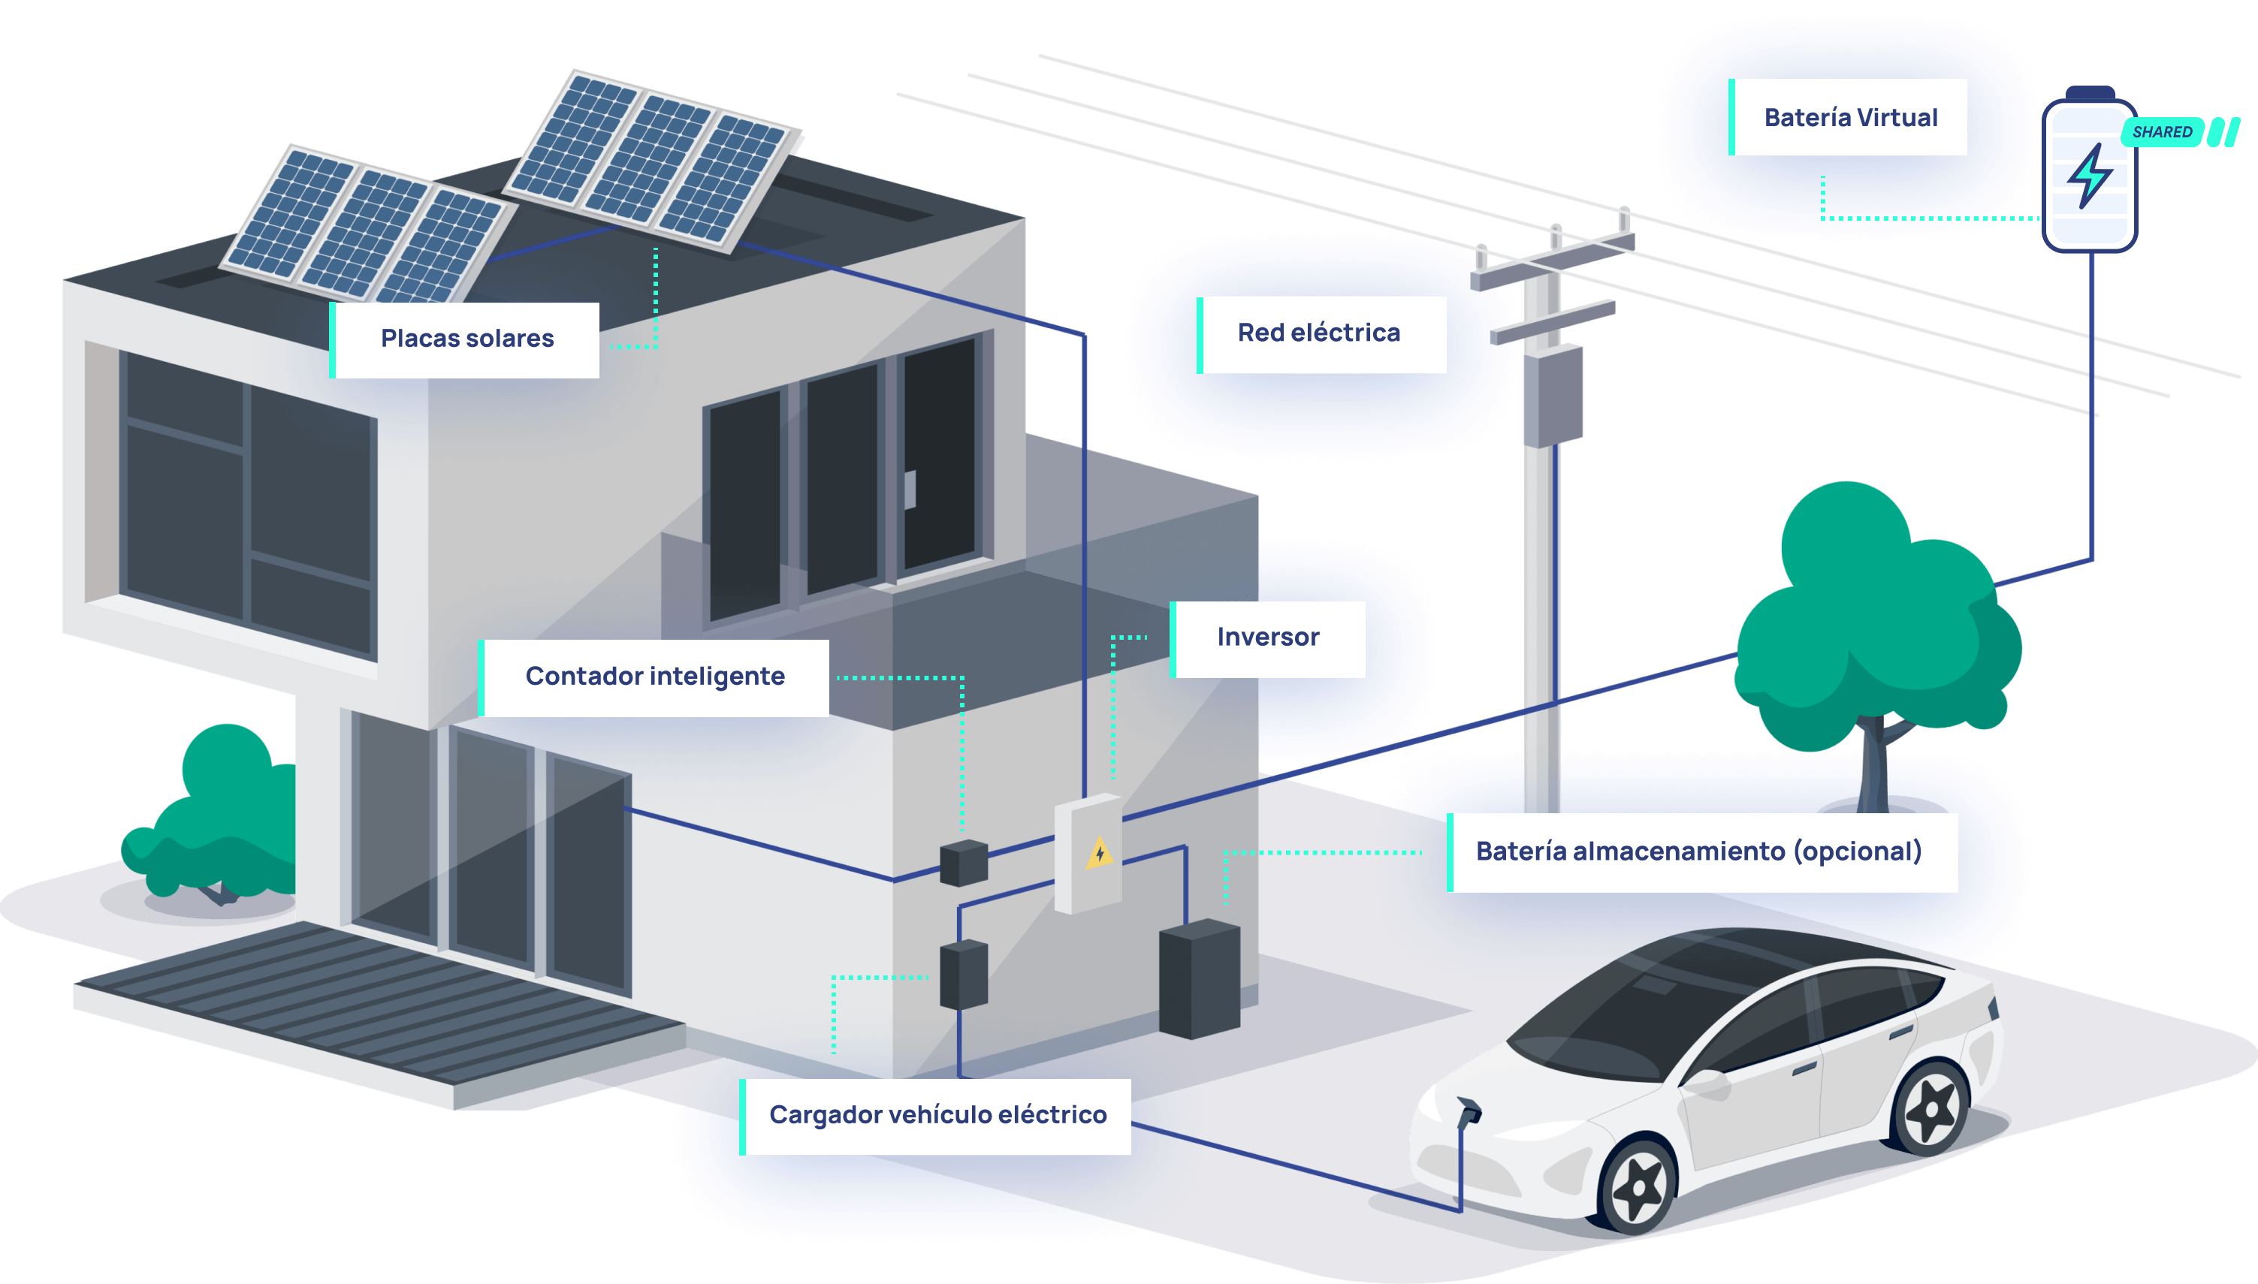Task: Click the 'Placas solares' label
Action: [466, 339]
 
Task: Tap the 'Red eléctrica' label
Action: [1321, 334]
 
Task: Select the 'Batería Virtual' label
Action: [1849, 118]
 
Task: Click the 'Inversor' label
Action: [1269, 638]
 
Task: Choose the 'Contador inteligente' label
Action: [654, 677]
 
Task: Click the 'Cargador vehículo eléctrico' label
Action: [937, 1116]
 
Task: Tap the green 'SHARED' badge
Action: [2162, 132]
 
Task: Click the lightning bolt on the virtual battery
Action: [2089, 176]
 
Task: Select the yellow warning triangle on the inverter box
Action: [1099, 854]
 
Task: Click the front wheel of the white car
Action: [1639, 1186]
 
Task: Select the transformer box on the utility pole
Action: [1553, 395]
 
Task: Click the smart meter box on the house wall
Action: [963, 863]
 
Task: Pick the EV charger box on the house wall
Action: [963, 974]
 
